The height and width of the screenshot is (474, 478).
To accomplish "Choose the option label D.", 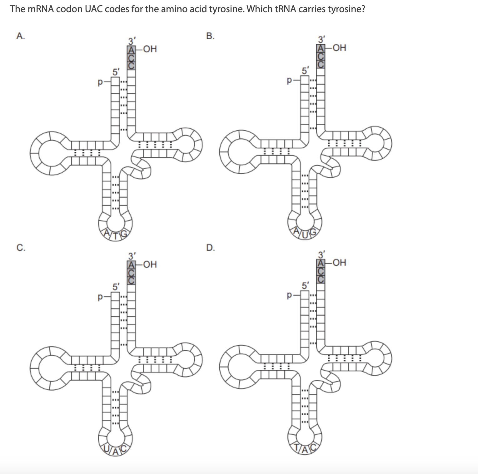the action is point(211,248).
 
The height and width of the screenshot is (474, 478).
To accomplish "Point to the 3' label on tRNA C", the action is point(132,256).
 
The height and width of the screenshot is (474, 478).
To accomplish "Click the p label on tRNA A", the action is point(100,82).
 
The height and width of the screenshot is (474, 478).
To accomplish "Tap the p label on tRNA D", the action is point(290,295).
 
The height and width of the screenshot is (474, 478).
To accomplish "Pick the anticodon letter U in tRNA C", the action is point(107,449).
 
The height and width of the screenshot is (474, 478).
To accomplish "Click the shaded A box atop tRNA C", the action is point(131,265).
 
